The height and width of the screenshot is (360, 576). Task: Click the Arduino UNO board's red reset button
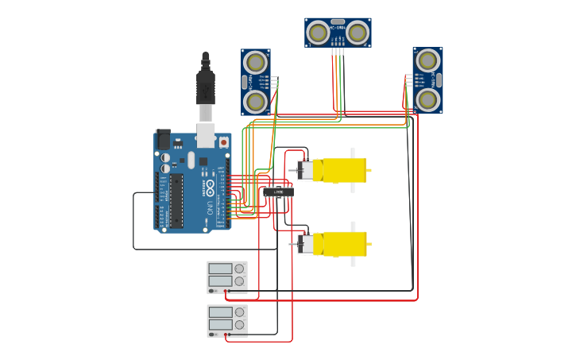coord(223,142)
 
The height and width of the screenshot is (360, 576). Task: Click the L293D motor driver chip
coord(278,192)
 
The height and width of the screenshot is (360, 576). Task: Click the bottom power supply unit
coord(227,320)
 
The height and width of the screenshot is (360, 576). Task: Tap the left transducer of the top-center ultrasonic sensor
coord(318,33)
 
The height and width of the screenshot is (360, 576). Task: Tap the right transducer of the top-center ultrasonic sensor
coord(358,33)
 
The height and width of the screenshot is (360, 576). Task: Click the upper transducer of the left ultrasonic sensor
coord(255,62)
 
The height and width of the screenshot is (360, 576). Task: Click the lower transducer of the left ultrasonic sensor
coord(255,101)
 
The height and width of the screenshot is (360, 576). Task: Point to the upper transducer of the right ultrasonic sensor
coord(427,60)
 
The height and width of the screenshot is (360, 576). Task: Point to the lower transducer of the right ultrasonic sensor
coord(427,99)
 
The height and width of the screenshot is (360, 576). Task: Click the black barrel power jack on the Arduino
coord(163,139)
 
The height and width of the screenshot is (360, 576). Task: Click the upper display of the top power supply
coord(221,269)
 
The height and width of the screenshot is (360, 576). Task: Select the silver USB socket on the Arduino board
coord(206,135)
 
